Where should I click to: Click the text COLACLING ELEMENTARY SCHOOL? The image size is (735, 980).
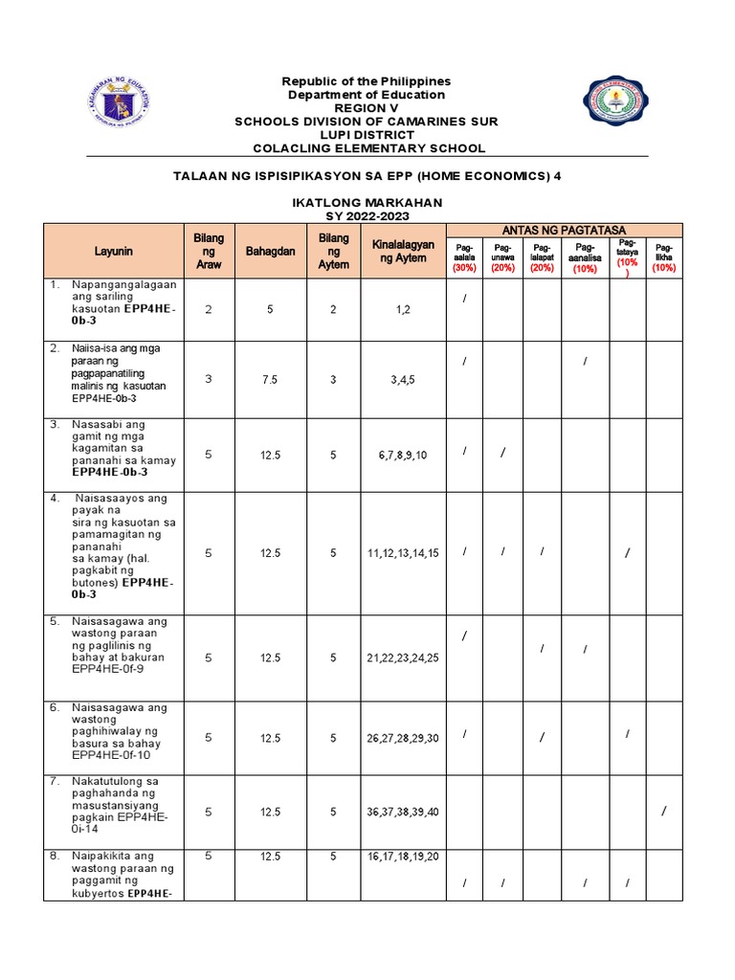pos(368,148)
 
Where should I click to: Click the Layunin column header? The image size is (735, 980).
pos(114,251)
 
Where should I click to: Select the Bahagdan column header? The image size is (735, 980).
pos(272,251)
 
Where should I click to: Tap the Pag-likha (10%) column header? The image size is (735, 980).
pos(663,256)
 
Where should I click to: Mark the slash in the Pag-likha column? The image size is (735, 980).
pos(663,813)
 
